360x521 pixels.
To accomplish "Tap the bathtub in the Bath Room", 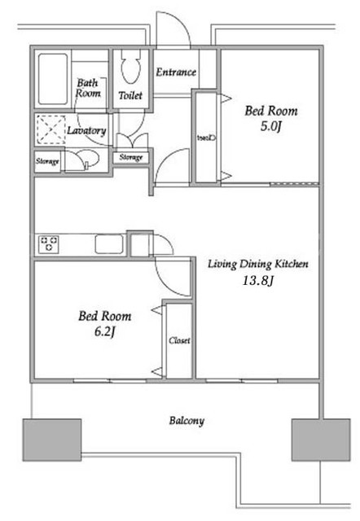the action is pos(53,79).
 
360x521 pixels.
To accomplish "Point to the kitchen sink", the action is pos(109,244).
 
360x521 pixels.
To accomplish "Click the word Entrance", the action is pos(176,72).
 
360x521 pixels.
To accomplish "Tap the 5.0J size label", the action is pos(271,127).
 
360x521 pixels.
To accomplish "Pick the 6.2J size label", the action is pos(105,331).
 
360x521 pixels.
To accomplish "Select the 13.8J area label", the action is pos(257,281).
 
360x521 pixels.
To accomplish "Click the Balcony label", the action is pos(187,421).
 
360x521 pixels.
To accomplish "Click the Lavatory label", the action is pos(86,130).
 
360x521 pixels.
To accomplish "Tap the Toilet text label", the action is pos(130,96).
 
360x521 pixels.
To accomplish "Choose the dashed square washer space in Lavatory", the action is pos(50,129).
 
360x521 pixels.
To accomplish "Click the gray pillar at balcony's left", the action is pos(52,440).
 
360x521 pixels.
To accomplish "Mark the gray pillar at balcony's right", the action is pos(321,440).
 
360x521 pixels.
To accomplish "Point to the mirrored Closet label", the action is pos(206,138).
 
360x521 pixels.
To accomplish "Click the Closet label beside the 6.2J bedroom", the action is pos(179,340).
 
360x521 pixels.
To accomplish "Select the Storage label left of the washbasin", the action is pos(47,161).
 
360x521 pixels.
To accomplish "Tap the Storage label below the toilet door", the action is pos(130,157).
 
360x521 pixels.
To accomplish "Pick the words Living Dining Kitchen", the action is pos(258,264).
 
